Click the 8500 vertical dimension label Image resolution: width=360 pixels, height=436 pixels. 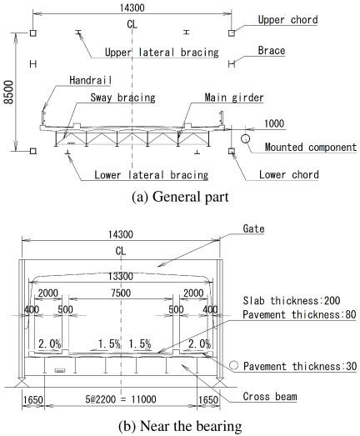point(9,93)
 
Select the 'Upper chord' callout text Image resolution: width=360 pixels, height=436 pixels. point(287,20)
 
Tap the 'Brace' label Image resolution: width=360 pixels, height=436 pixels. point(272,51)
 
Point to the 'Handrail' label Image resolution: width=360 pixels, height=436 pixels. point(90,80)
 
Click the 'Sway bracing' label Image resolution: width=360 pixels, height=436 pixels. point(122,98)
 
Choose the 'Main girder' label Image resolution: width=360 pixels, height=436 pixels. point(234,98)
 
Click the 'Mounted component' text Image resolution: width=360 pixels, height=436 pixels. point(311,147)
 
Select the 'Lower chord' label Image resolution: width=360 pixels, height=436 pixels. point(289,174)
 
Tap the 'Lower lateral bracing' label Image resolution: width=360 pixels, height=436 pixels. point(151,175)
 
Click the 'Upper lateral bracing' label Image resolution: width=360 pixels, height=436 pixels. point(162,53)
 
